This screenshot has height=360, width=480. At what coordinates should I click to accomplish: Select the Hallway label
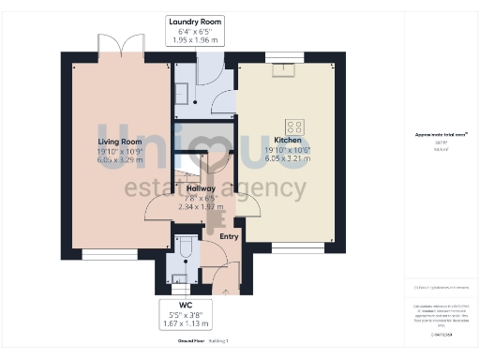tap(201, 188)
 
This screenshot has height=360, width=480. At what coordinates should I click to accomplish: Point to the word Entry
tap(229, 236)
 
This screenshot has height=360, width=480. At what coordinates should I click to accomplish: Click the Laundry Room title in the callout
tap(194, 21)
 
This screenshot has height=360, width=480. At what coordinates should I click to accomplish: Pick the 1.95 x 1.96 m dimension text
tap(194, 40)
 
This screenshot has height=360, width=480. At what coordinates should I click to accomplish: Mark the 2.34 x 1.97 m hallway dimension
tap(201, 208)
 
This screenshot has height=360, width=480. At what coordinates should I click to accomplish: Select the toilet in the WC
tap(185, 247)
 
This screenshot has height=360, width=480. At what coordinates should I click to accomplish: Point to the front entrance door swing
tap(225, 272)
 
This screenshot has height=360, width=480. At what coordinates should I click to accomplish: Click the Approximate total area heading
tap(441, 135)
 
